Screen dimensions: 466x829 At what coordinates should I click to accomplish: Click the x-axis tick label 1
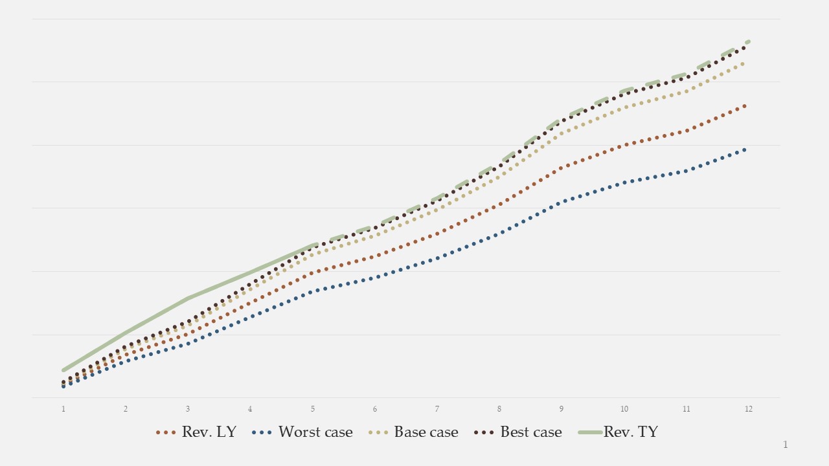[63, 409]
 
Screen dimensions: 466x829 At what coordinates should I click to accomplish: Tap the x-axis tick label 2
[126, 409]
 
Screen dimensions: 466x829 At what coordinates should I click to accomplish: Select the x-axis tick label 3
[188, 409]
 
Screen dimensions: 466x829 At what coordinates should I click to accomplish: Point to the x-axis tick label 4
[250, 409]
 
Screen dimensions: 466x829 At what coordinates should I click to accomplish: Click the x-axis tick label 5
[313, 409]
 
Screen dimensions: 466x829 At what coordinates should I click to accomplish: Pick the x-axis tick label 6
[375, 409]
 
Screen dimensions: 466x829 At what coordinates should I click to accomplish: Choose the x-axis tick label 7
[437, 409]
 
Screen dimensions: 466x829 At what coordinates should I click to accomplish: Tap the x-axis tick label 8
[499, 409]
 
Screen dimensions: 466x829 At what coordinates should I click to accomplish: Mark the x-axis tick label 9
[562, 409]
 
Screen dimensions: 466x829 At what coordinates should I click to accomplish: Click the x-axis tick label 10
[624, 409]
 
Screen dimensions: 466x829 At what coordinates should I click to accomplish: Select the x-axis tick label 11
[687, 409]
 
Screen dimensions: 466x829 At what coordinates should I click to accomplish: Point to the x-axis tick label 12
[749, 409]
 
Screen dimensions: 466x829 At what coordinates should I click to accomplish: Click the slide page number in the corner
[786, 445]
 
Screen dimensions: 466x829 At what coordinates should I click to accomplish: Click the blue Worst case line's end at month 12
[745, 150]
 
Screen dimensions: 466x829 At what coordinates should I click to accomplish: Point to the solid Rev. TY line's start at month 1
[63, 370]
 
